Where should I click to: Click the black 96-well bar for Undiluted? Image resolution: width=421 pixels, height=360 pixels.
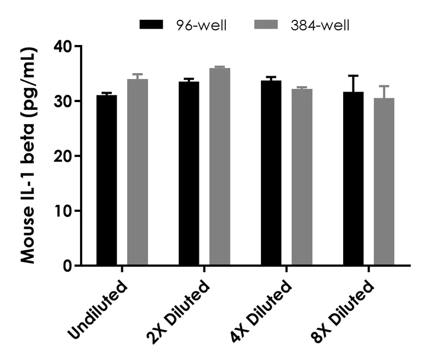click(106, 181)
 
